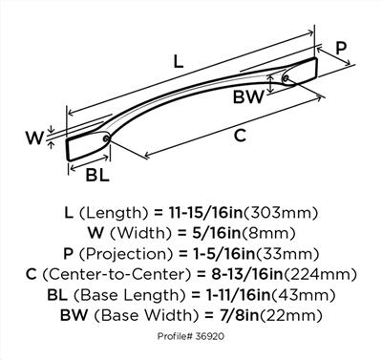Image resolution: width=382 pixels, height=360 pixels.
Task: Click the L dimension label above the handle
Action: tap(179, 61)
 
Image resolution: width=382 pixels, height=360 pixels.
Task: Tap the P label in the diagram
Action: tap(341, 49)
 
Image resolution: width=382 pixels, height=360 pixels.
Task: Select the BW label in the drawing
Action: tap(248, 97)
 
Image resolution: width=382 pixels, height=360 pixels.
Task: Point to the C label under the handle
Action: tap(240, 136)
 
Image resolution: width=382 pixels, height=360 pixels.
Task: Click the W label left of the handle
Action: tap(34, 138)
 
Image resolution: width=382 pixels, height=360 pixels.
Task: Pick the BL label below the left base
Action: tap(97, 175)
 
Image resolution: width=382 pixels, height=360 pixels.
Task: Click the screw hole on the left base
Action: tap(106, 138)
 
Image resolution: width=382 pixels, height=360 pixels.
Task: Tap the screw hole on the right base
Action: tap(286, 78)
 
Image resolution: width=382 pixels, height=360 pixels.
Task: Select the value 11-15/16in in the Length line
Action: tap(205, 213)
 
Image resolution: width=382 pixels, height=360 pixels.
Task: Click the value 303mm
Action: tap(281, 213)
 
